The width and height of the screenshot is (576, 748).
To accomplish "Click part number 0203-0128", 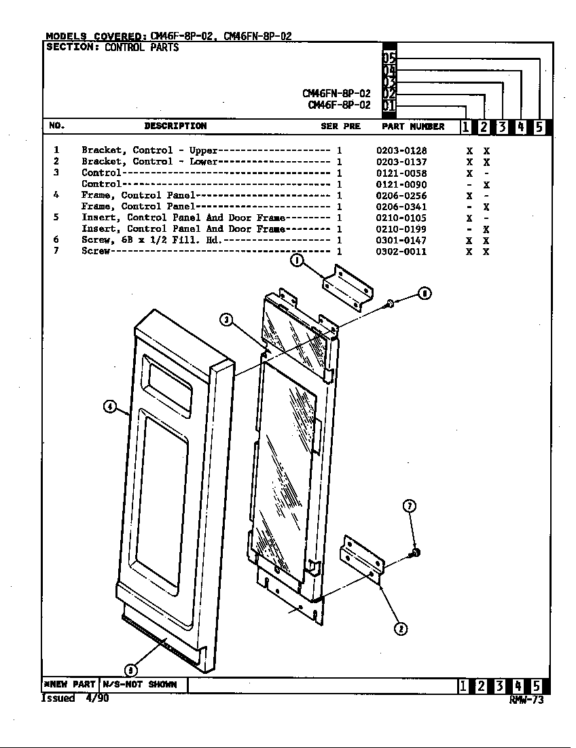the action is [401, 151].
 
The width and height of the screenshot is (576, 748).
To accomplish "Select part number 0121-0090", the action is [401, 184].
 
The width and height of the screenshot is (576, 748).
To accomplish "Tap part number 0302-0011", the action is [401, 252].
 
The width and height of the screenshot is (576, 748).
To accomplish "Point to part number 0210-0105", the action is [401, 218].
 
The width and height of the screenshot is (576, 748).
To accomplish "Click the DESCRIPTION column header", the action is [175, 126].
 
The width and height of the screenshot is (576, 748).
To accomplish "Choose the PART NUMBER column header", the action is [413, 126].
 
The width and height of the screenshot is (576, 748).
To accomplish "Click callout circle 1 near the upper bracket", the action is [298, 260].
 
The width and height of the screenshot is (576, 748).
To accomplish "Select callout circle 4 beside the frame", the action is [109, 407].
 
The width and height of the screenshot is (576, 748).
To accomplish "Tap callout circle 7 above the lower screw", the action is [410, 506].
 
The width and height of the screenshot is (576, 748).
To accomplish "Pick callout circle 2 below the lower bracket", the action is [401, 629].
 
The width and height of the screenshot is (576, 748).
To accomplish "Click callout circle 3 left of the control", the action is [226, 319].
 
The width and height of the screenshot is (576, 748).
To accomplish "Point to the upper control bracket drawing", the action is [348, 288].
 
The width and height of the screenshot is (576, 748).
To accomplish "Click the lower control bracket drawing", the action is [362, 560].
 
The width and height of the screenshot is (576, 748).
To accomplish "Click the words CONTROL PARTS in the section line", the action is [141, 47].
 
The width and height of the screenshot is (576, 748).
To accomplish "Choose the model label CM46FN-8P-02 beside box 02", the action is [336, 94].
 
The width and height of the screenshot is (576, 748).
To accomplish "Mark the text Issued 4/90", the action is [75, 698].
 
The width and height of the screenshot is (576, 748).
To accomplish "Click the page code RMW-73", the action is [526, 700].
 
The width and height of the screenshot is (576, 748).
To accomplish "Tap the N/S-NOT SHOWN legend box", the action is [143, 685].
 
